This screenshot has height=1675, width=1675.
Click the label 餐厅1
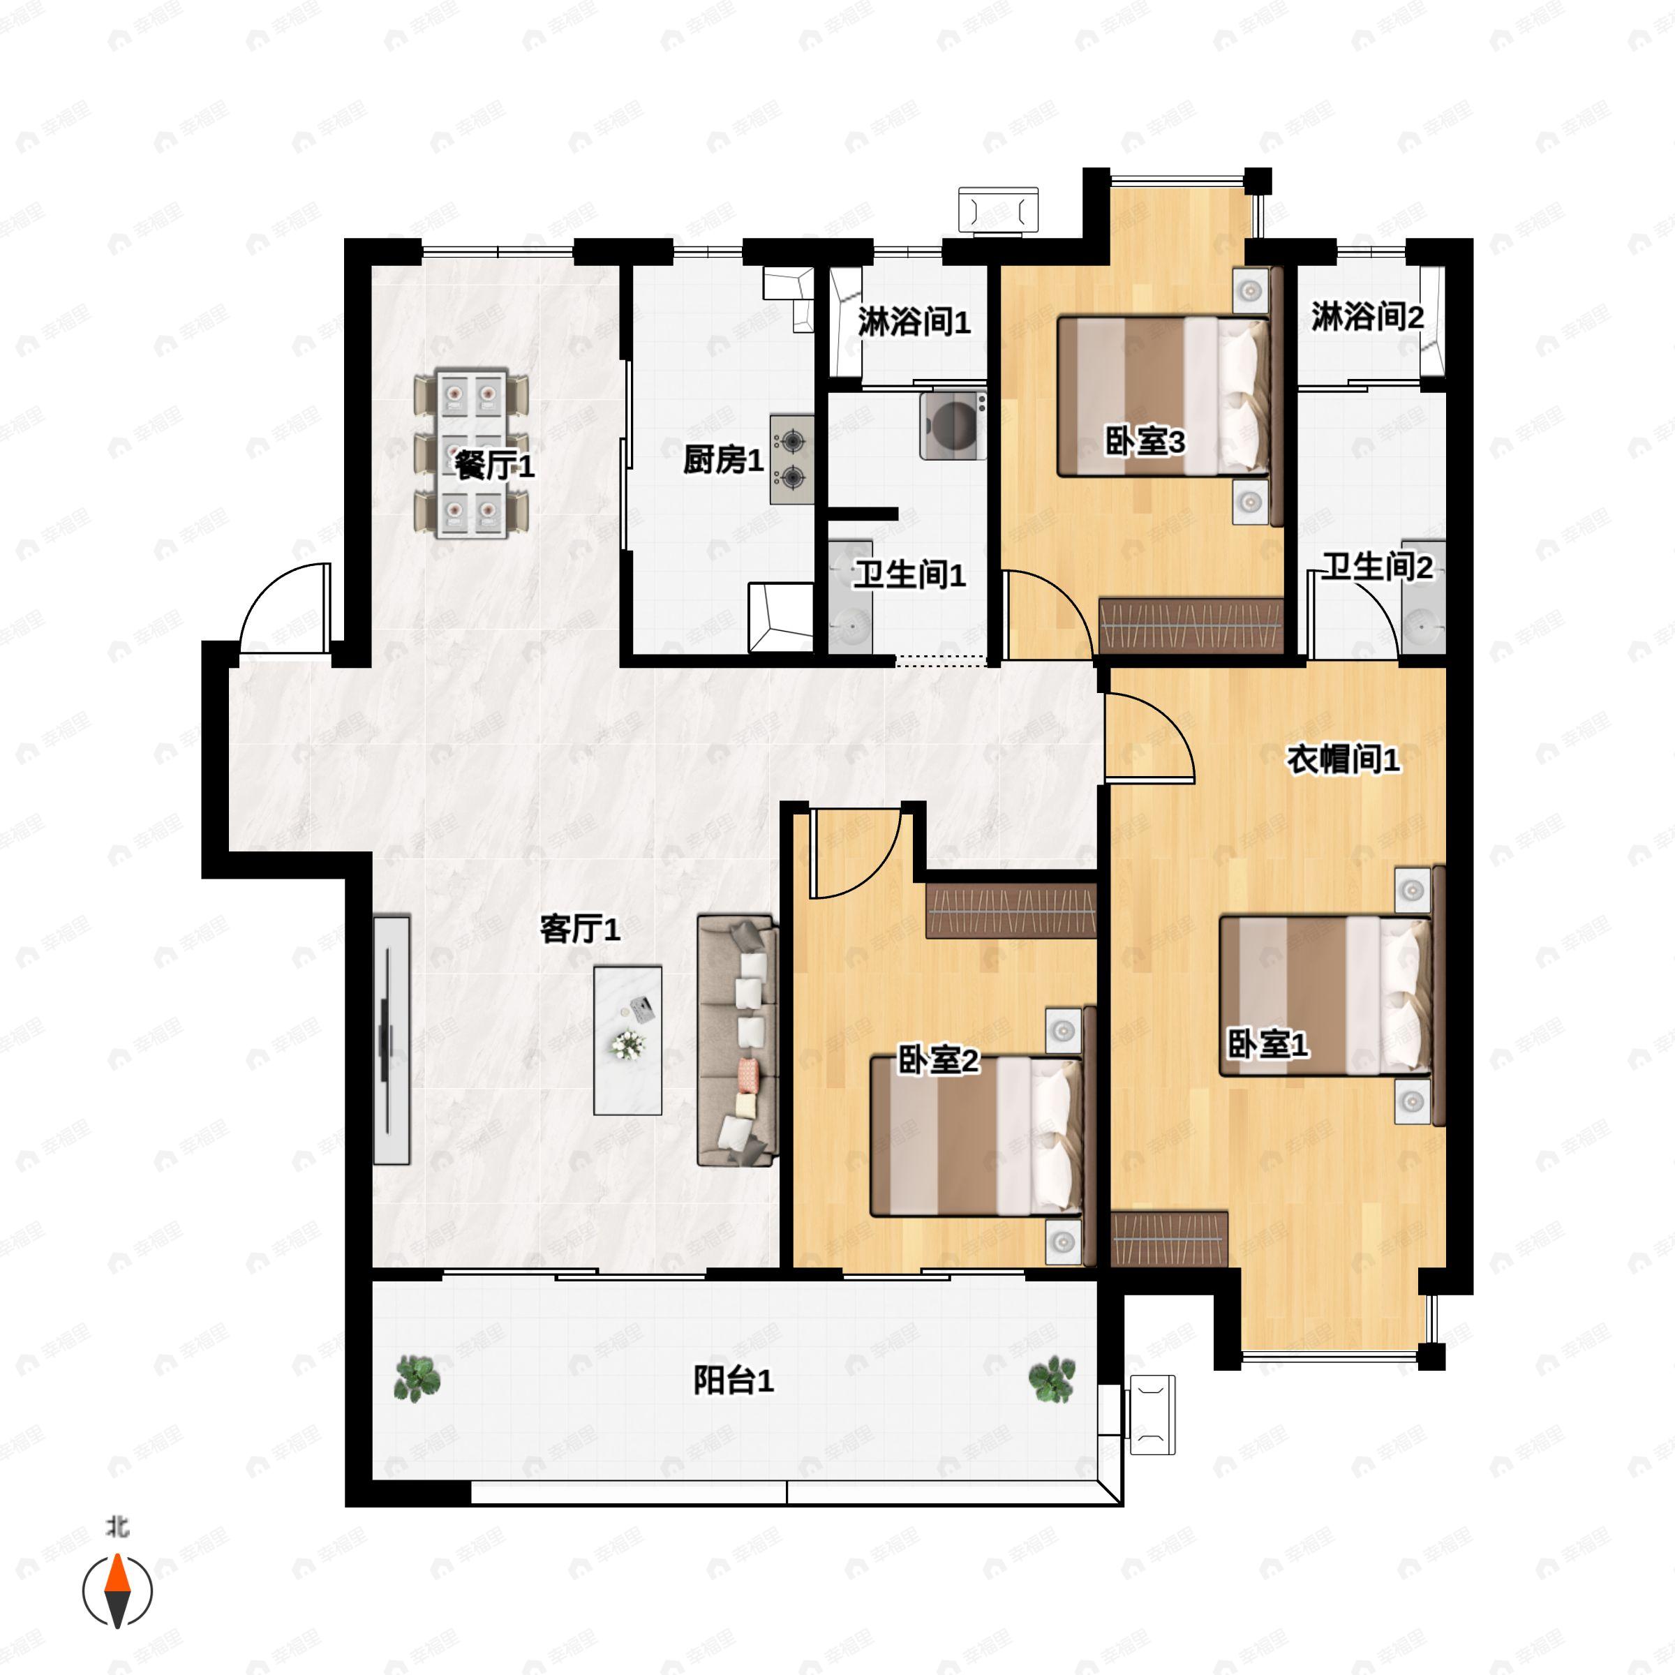click(495, 466)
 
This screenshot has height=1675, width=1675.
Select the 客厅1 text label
click(580, 930)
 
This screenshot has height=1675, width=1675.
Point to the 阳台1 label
click(734, 1380)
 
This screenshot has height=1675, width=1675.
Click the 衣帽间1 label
click(1343, 759)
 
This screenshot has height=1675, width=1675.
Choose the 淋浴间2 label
click(1367, 318)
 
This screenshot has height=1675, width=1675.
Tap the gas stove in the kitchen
click(791, 459)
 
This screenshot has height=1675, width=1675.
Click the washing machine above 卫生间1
click(953, 425)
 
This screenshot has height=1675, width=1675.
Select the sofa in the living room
click(737, 1041)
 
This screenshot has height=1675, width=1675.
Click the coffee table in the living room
click(627, 1041)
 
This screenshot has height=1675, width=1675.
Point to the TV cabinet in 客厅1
click(391, 1041)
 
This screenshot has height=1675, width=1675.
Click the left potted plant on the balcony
click(417, 1378)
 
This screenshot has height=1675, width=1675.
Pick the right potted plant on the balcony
click(1052, 1378)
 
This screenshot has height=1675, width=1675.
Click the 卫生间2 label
click(1377, 568)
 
